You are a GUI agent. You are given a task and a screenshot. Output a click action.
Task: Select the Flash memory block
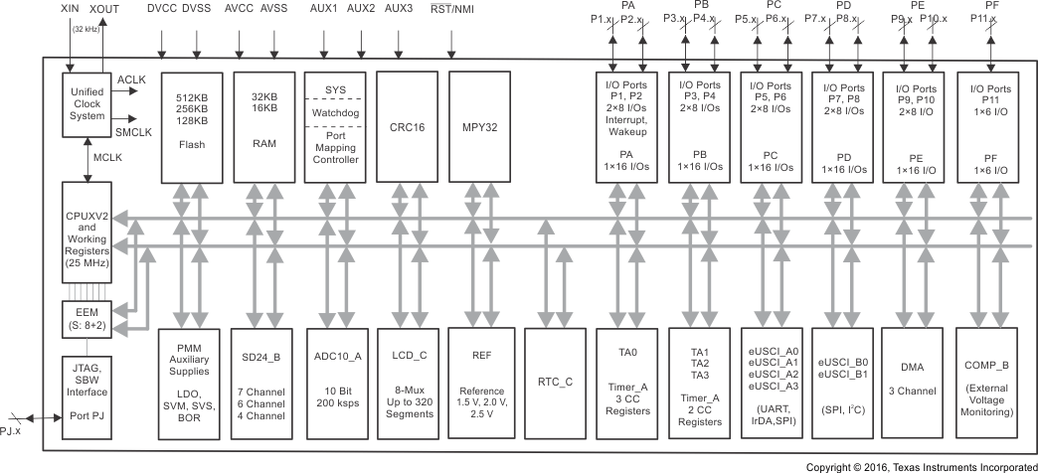191,125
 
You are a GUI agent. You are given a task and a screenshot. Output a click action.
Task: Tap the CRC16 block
407,125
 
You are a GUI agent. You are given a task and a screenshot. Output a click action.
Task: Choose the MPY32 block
479,125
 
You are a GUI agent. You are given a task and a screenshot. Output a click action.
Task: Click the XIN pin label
71,8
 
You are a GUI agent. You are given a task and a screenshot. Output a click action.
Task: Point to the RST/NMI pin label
450,8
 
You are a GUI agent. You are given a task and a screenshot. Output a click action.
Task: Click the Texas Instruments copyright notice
921,465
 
